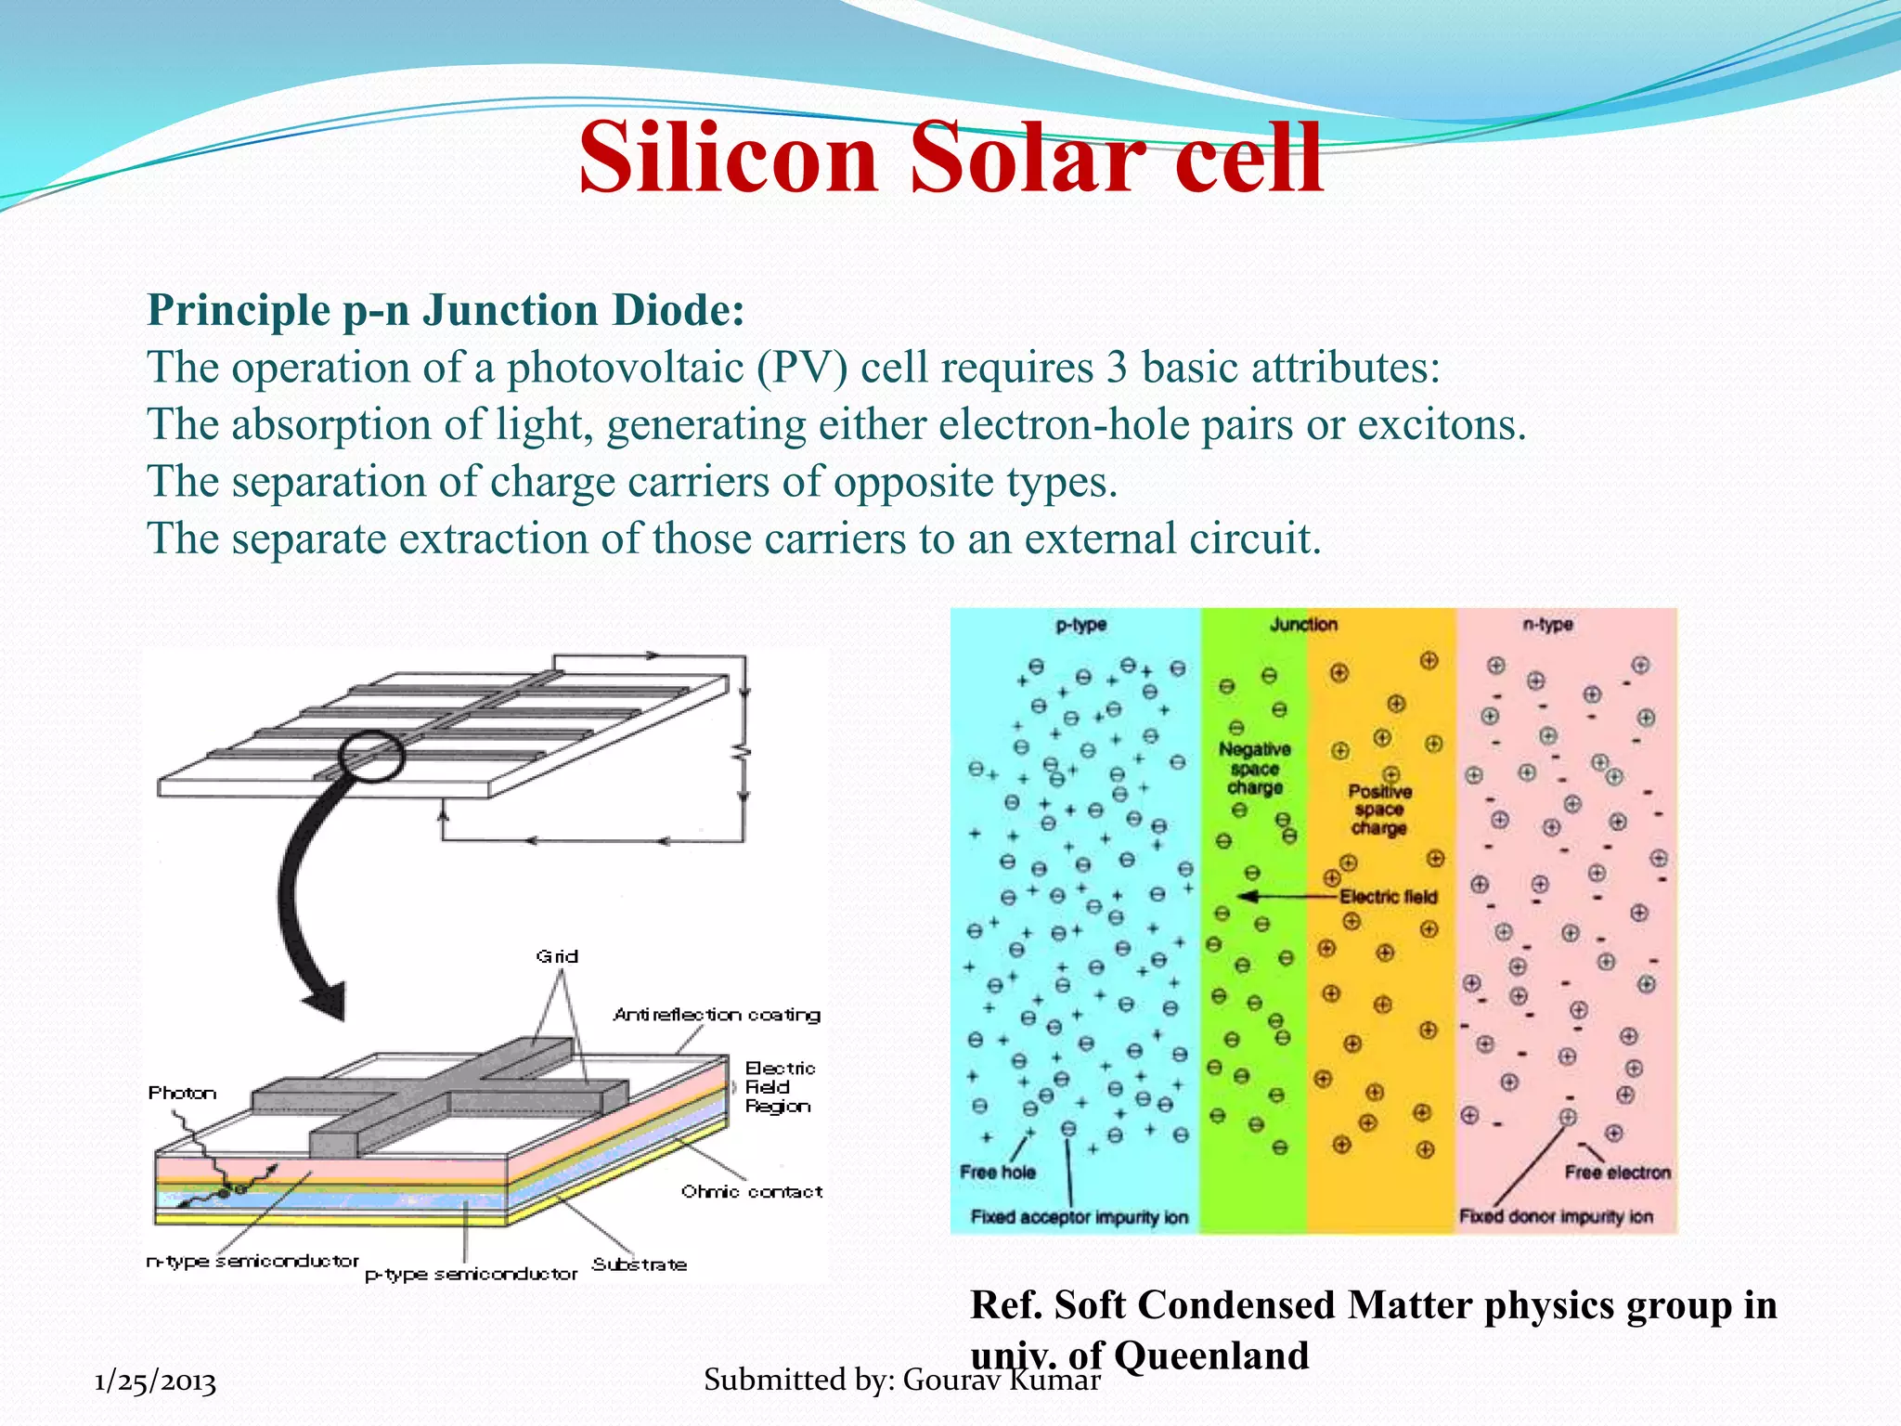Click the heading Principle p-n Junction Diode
click(x=446, y=310)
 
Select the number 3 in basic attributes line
click(x=1117, y=368)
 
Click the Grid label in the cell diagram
click(x=557, y=956)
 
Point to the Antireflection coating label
click(x=717, y=1015)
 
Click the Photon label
click(x=182, y=1093)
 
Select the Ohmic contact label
click(x=751, y=1191)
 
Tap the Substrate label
click(x=640, y=1264)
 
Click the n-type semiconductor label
click(x=252, y=1261)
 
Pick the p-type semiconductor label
click(x=471, y=1275)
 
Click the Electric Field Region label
click(x=779, y=1087)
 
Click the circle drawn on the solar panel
click(x=372, y=756)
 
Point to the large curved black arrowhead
click(x=325, y=1001)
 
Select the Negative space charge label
click(x=1255, y=769)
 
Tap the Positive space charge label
click(x=1379, y=810)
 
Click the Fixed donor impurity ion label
click(x=1556, y=1216)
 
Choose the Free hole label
click(x=997, y=1173)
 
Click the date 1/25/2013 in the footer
click(x=156, y=1381)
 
